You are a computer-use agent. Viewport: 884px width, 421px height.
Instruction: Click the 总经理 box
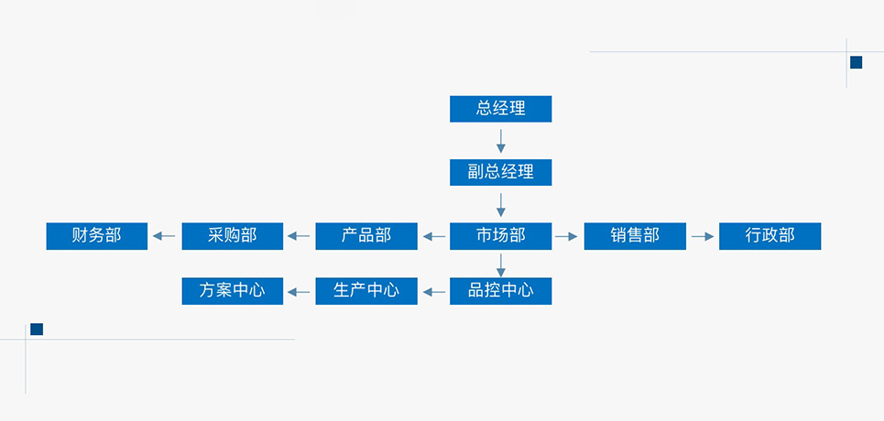pos(501,109)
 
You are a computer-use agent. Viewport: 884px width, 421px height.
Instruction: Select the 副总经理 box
pos(501,172)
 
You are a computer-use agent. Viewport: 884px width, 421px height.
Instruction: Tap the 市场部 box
pos(501,236)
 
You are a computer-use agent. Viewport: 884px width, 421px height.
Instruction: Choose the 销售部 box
pos(635,236)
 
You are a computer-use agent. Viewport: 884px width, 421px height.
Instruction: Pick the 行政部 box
pos(770,236)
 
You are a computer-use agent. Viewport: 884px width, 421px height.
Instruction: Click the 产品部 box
pos(366,236)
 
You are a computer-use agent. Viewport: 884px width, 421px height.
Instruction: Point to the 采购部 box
pos(233,236)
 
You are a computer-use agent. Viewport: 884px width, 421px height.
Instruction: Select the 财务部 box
pos(97,236)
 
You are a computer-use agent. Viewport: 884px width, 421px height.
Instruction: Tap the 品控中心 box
pos(501,291)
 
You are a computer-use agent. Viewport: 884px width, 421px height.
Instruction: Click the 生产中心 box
pos(366,291)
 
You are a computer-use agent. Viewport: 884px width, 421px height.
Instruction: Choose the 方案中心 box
pos(233,291)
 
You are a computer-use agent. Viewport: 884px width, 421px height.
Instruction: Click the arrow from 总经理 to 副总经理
pos(501,141)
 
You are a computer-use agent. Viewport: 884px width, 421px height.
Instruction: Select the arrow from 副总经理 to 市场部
pos(501,205)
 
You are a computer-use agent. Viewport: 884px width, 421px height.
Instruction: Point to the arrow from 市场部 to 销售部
pos(567,237)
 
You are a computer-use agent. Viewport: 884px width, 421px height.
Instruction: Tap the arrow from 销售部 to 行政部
pos(703,237)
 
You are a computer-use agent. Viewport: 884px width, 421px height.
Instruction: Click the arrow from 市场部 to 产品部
pos(434,237)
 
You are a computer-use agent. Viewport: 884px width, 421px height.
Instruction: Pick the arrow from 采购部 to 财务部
pos(164,237)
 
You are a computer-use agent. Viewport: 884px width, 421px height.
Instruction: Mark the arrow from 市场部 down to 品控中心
pos(501,264)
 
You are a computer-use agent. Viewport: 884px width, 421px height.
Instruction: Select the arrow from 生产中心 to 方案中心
pos(299,292)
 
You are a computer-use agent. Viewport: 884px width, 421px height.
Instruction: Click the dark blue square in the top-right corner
pos(857,62)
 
